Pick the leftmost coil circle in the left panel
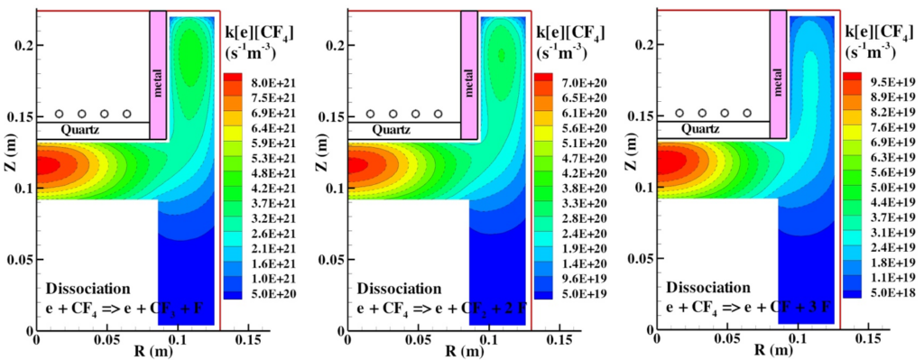tap(60, 114)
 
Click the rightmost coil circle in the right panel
tap(748, 114)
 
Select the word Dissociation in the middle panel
tap(399, 289)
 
